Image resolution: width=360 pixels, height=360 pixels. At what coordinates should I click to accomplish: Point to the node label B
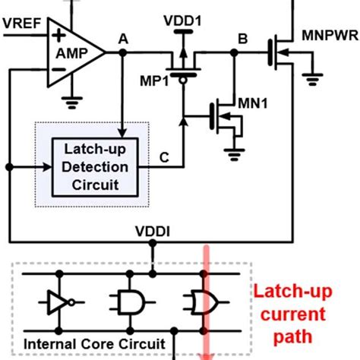(x=242, y=38)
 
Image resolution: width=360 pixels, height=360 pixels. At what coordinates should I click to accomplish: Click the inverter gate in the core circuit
(x=59, y=302)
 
